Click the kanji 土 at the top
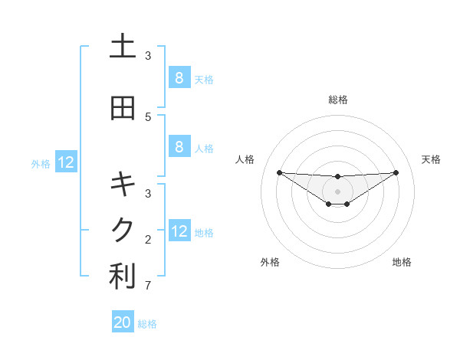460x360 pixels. pyautogui.click(x=123, y=47)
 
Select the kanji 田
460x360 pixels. pyautogui.click(x=123, y=108)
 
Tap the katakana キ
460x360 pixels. pyautogui.click(x=123, y=184)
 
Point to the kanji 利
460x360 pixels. pyautogui.click(x=123, y=277)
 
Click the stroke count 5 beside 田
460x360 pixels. pyautogui.click(x=148, y=116)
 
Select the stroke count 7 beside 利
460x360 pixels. pyautogui.click(x=148, y=286)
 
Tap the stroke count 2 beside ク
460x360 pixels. pyautogui.click(x=148, y=239)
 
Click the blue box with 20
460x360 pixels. pyautogui.click(x=123, y=322)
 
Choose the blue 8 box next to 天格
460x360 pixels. pyautogui.click(x=179, y=77)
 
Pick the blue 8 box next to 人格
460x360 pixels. pyautogui.click(x=179, y=147)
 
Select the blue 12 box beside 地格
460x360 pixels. pyautogui.click(x=179, y=231)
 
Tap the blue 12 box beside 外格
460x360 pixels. pyautogui.click(x=66, y=162)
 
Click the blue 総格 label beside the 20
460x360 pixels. pyautogui.click(x=147, y=324)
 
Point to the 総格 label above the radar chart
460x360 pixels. pyautogui.click(x=338, y=100)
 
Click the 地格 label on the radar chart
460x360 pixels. pyautogui.click(x=402, y=263)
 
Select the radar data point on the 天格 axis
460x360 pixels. pyautogui.click(x=396, y=172)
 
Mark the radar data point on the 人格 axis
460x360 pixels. pyautogui.click(x=279, y=172)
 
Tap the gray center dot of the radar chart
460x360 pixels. pyautogui.click(x=338, y=191)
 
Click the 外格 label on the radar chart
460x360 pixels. pyautogui.click(x=270, y=263)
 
